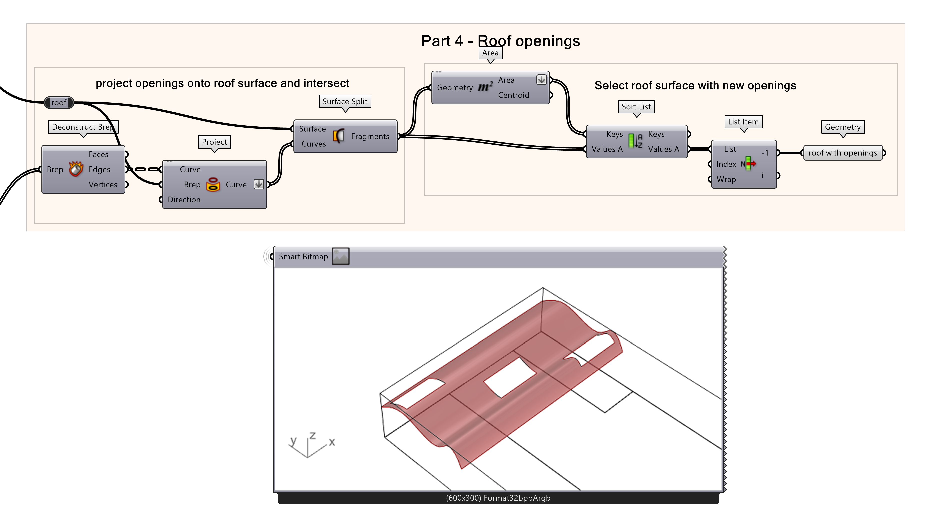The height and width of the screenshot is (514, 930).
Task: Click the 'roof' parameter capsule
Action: (x=59, y=103)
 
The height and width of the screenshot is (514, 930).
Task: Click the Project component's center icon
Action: (x=213, y=184)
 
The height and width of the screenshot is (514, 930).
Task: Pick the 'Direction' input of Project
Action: (x=184, y=200)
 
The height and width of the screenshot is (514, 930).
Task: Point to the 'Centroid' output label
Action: (x=513, y=95)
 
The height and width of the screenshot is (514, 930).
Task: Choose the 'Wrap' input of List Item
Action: (x=726, y=179)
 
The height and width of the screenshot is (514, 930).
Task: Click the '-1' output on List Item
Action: (x=765, y=153)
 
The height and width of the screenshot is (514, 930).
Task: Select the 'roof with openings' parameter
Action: (x=843, y=153)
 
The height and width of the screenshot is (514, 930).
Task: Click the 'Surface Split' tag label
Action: (x=345, y=102)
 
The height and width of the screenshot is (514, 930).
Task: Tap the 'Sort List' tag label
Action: (x=636, y=107)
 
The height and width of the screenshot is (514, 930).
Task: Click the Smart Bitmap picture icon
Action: (x=340, y=256)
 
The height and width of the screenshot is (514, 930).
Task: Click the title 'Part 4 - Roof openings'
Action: (x=500, y=41)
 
